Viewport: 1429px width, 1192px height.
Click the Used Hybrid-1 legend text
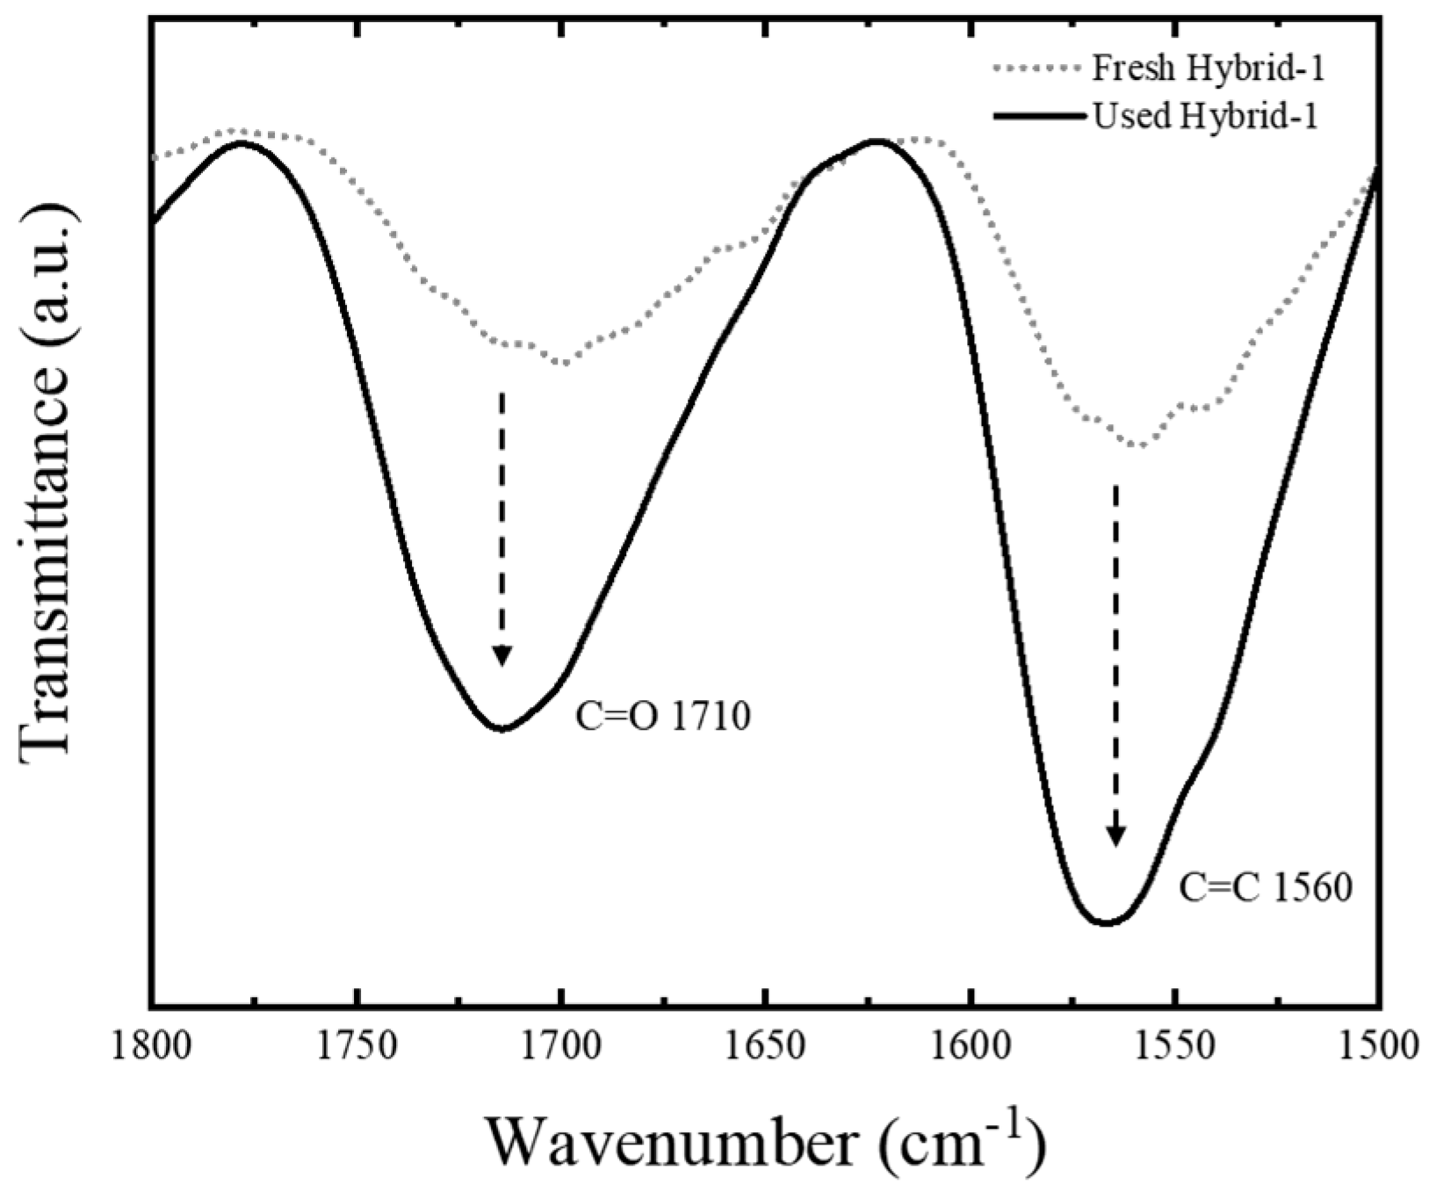click(x=1204, y=116)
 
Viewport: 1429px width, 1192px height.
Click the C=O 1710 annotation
click(x=663, y=718)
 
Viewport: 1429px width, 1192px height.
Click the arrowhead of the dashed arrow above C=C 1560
click(x=1115, y=836)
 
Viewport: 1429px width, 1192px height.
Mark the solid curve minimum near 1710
click(x=502, y=728)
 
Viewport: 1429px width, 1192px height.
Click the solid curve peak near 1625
click(x=875, y=140)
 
